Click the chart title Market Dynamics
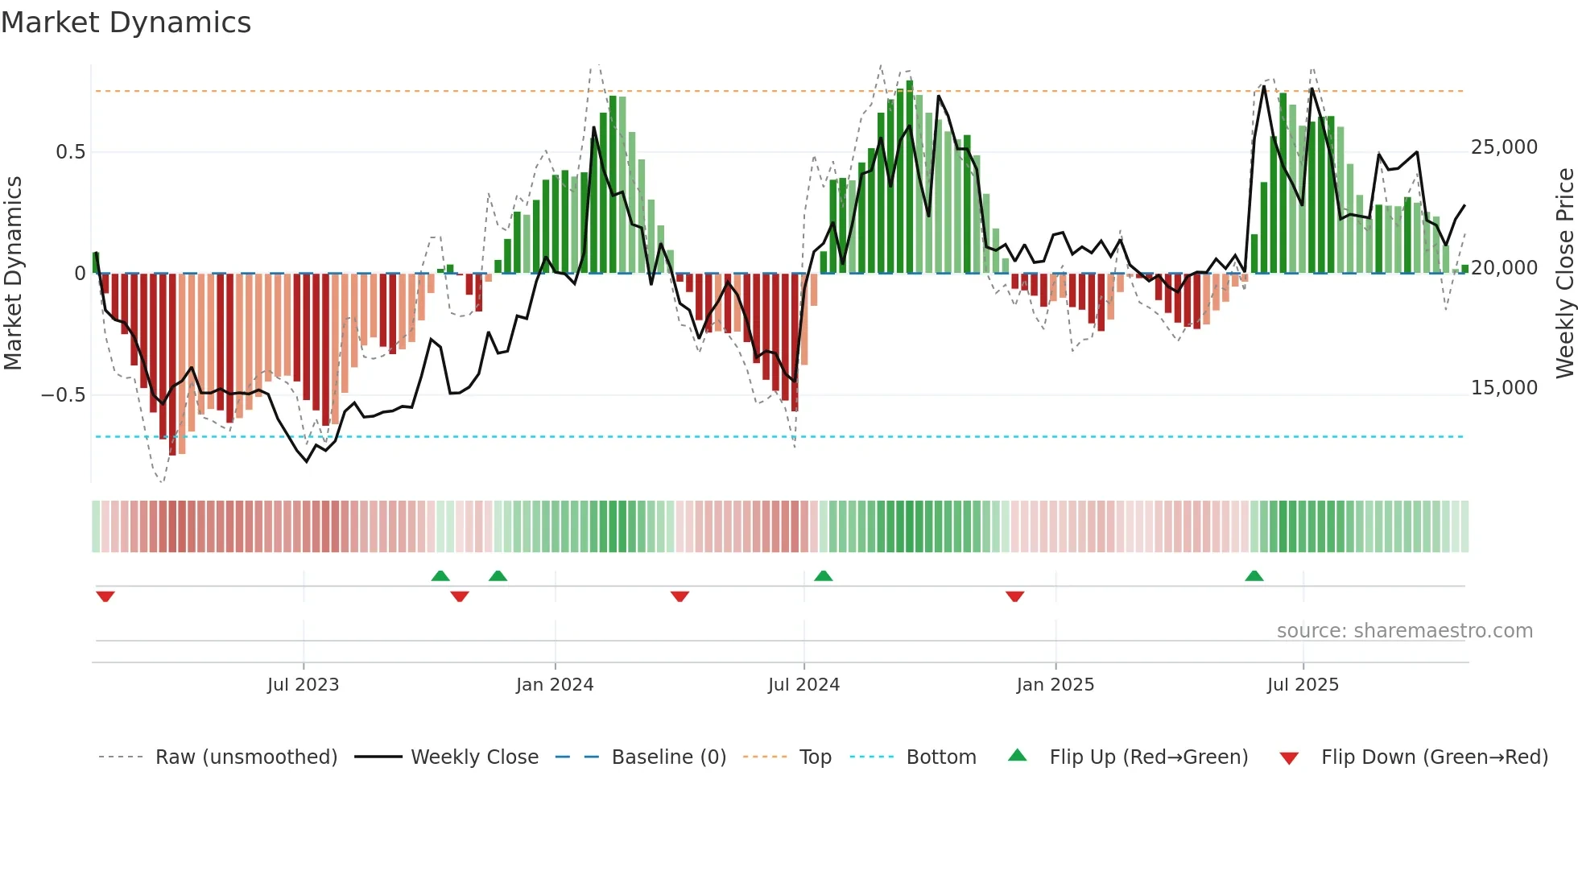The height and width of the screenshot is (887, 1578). pyautogui.click(x=126, y=23)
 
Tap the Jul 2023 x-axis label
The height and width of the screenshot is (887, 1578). pyautogui.click(x=303, y=685)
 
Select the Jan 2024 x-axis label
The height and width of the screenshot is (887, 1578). pyautogui.click(x=555, y=685)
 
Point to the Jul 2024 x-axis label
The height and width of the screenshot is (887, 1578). pyautogui.click(x=803, y=685)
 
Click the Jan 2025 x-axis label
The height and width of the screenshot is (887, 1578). pyautogui.click(x=1055, y=685)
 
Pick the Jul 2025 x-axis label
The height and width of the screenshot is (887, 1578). pyautogui.click(x=1303, y=685)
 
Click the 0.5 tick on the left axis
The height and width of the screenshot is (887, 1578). pyautogui.click(x=70, y=152)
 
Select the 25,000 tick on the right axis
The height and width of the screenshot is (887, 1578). pyautogui.click(x=1504, y=147)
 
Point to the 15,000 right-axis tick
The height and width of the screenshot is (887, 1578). pyautogui.click(x=1504, y=388)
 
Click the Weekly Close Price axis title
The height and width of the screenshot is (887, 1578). pyautogui.click(x=1564, y=274)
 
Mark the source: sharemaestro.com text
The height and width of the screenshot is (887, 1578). pyautogui.click(x=1404, y=631)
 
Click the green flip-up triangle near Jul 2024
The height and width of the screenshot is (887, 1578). pyautogui.click(x=823, y=576)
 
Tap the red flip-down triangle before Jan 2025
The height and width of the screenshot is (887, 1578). pyautogui.click(x=1014, y=596)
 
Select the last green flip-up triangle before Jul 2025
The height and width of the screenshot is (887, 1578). pyautogui.click(x=1254, y=576)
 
